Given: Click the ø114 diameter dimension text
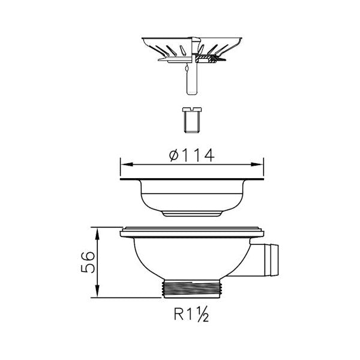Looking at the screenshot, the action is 192,155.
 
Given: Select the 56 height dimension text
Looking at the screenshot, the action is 88,262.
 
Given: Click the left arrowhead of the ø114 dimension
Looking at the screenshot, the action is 127,164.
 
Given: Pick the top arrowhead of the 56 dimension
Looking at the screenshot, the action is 97,234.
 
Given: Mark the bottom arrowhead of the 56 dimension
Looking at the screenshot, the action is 97,291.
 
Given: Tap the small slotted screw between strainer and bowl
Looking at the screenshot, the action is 192,119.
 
